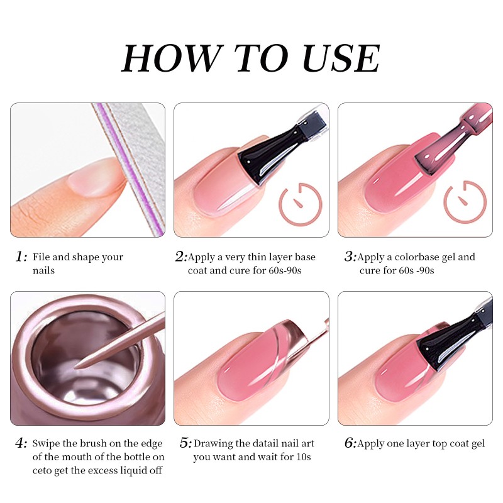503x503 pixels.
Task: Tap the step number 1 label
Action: [21, 257]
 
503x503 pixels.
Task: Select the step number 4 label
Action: [21, 444]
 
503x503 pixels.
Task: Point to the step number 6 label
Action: [350, 444]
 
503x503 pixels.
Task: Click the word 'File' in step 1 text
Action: [41, 257]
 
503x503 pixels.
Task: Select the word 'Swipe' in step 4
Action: [47, 444]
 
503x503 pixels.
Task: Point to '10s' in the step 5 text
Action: [303, 457]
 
